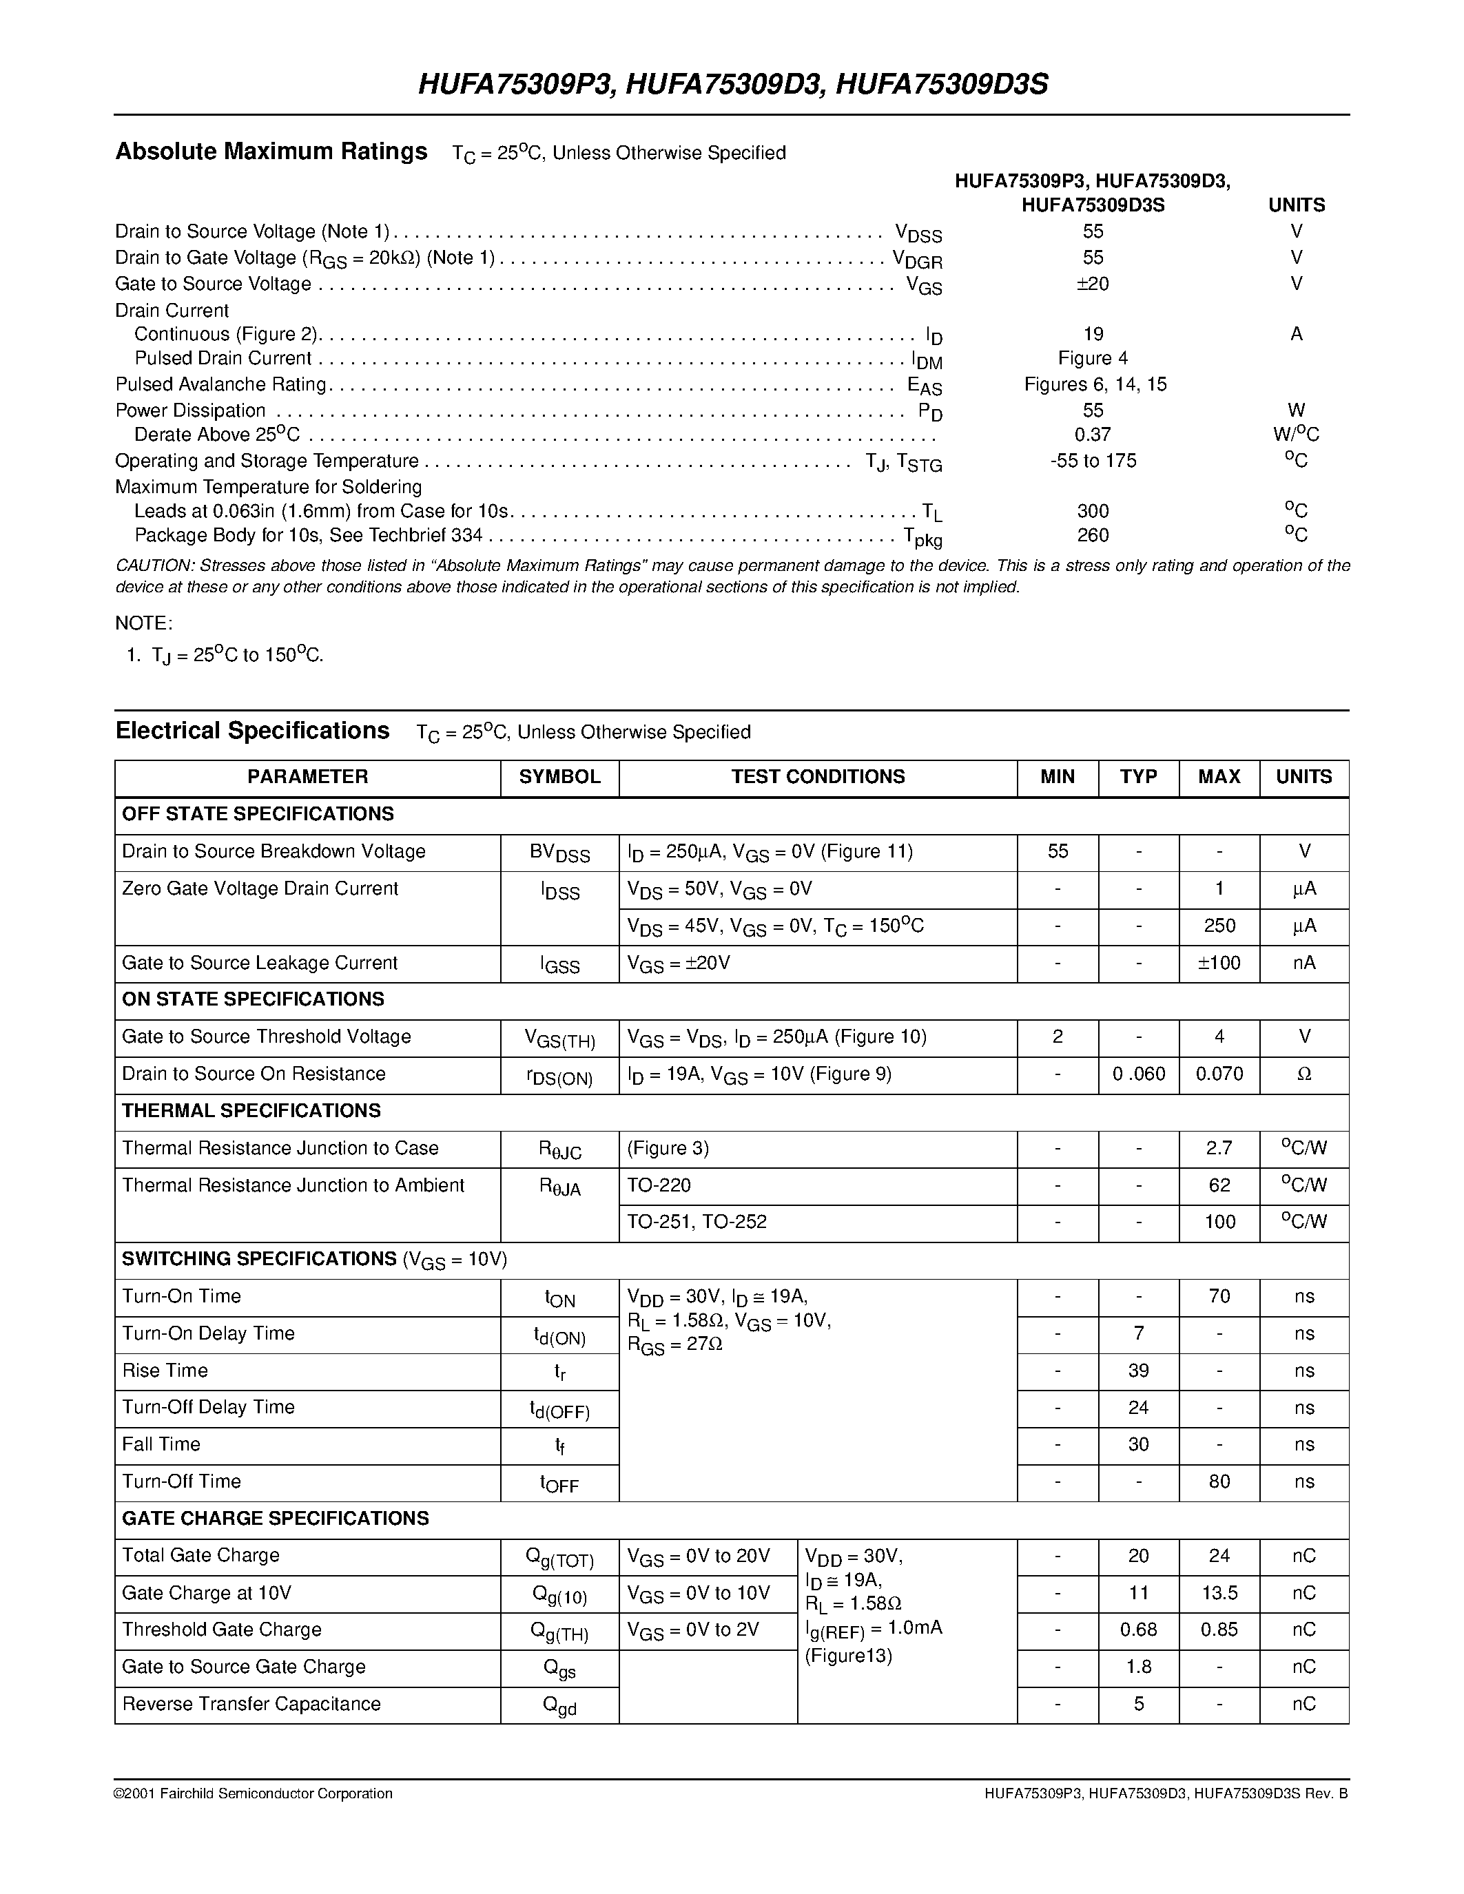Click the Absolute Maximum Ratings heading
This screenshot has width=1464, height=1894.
pos(271,152)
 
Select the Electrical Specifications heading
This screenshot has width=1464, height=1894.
pos(252,731)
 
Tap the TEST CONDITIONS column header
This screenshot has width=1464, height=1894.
pos(817,777)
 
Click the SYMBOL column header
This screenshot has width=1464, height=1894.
pos(559,777)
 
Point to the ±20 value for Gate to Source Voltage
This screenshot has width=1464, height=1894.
pos(1092,284)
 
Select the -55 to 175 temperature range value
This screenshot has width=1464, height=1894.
pos(1092,461)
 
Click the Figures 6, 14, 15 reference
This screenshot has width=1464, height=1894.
pos(1095,384)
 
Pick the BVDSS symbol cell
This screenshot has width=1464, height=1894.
pos(559,853)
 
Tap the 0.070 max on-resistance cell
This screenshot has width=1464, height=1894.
pos(1219,1074)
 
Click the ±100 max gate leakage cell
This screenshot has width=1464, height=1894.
pos(1219,964)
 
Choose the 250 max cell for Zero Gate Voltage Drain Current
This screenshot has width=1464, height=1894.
pos(1219,926)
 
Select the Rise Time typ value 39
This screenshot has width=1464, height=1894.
pos(1138,1371)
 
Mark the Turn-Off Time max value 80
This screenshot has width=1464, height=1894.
pos(1219,1482)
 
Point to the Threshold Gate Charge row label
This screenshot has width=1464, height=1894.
pos(221,1630)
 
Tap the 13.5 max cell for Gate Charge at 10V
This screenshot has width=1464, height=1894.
pos(1219,1593)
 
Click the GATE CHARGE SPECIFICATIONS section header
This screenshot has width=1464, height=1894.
pos(275,1519)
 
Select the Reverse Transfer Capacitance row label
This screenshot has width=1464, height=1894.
pos(251,1704)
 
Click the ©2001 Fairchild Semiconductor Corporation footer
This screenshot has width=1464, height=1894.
pos(254,1794)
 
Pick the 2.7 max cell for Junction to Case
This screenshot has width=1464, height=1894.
pos(1219,1149)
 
